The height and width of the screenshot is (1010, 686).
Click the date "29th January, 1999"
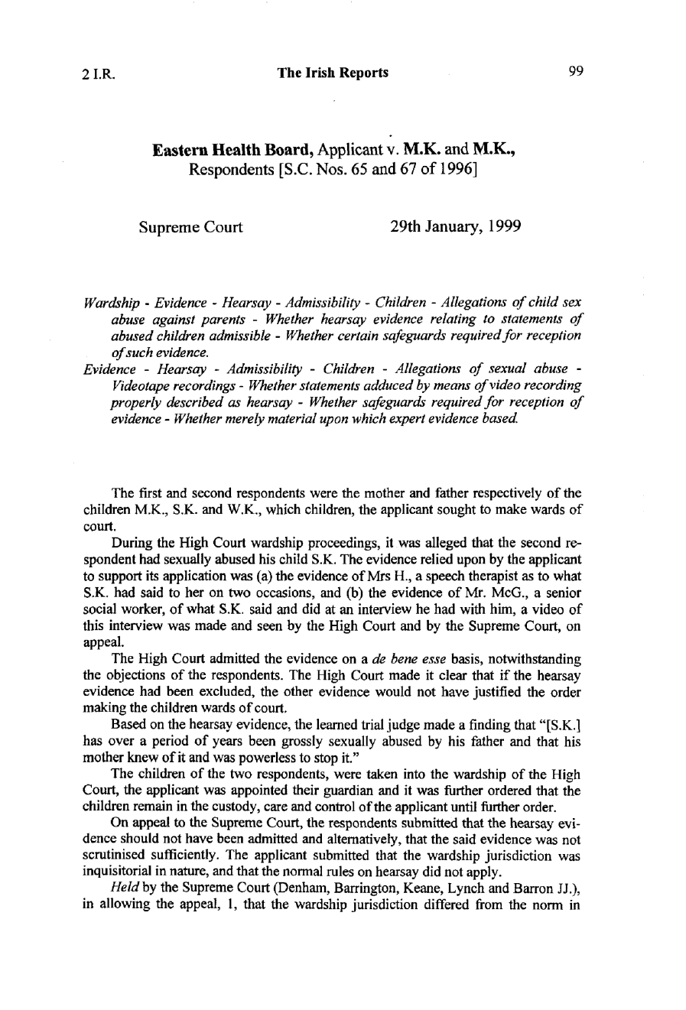click(451, 228)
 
